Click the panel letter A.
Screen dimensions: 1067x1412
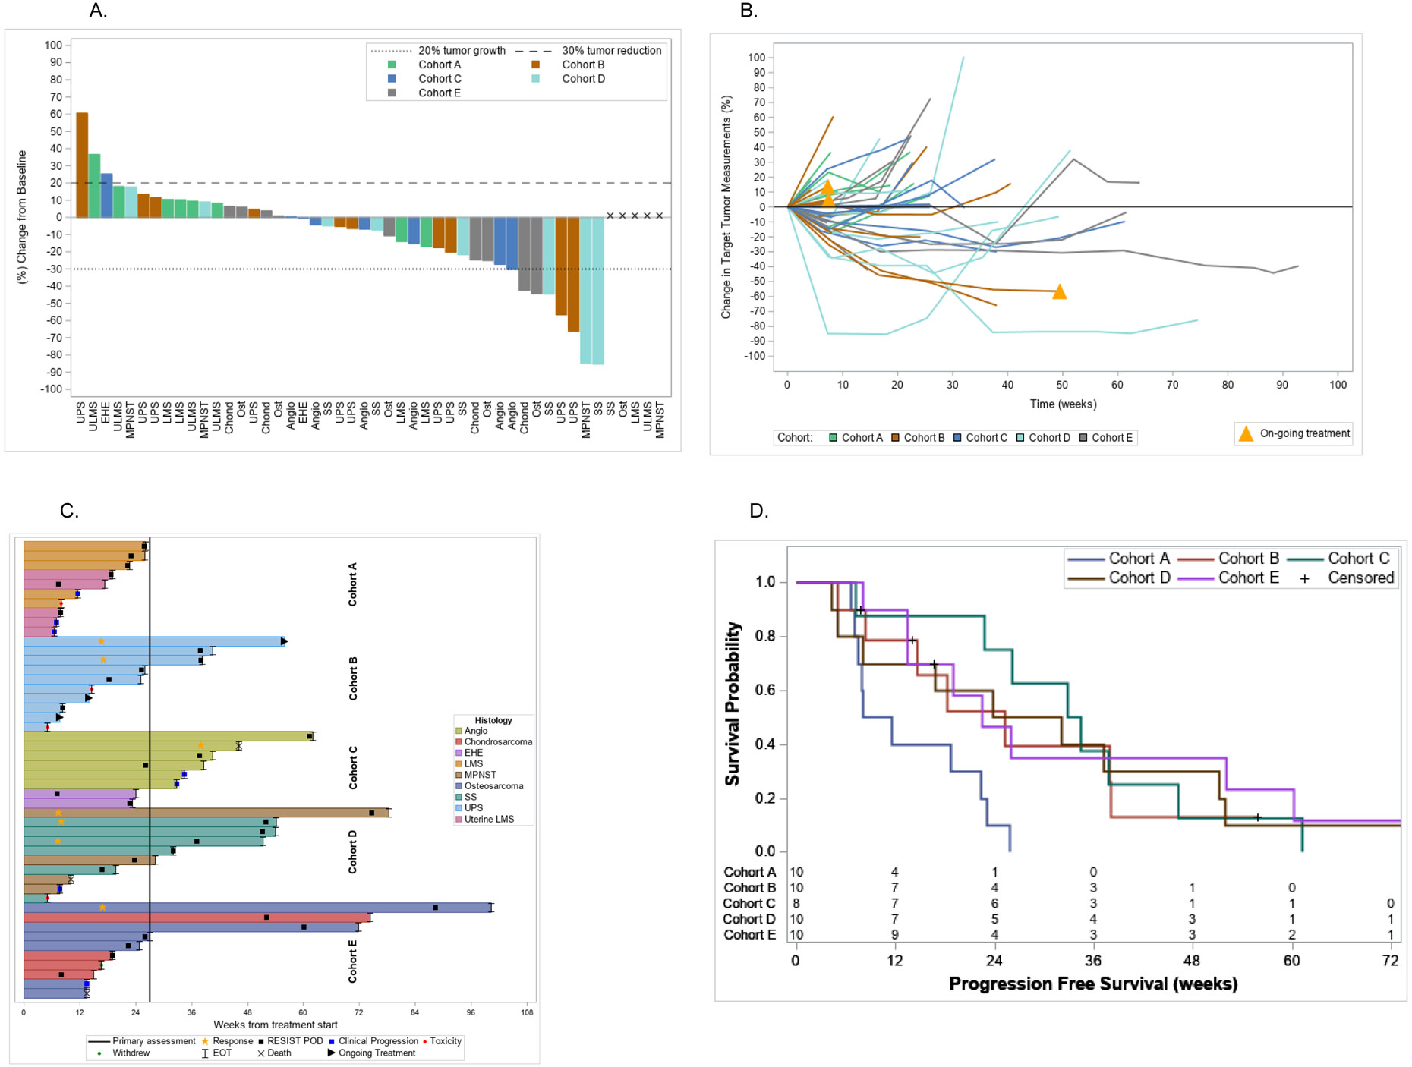click(98, 11)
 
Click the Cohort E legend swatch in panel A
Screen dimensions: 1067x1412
click(392, 93)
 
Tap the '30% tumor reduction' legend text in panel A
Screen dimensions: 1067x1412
click(611, 50)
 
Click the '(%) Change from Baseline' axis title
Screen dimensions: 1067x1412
click(22, 217)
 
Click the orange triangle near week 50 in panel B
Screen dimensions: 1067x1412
click(1059, 292)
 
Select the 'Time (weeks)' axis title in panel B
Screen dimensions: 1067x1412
click(1063, 404)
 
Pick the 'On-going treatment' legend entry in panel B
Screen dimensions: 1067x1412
click(1304, 433)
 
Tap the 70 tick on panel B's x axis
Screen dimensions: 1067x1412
click(1172, 385)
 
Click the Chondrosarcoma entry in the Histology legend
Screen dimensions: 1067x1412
click(497, 741)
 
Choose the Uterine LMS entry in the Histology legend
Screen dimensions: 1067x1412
click(488, 819)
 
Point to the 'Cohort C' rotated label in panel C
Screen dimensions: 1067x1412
click(353, 767)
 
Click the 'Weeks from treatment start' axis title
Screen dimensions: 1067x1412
click(276, 1025)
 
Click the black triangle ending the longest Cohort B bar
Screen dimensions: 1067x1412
click(284, 641)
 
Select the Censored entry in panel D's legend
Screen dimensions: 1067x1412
click(1360, 578)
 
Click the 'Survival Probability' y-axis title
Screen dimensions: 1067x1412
click(732, 703)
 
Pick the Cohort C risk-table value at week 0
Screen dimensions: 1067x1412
click(796, 903)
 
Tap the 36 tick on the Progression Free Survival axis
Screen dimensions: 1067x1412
click(1093, 961)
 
